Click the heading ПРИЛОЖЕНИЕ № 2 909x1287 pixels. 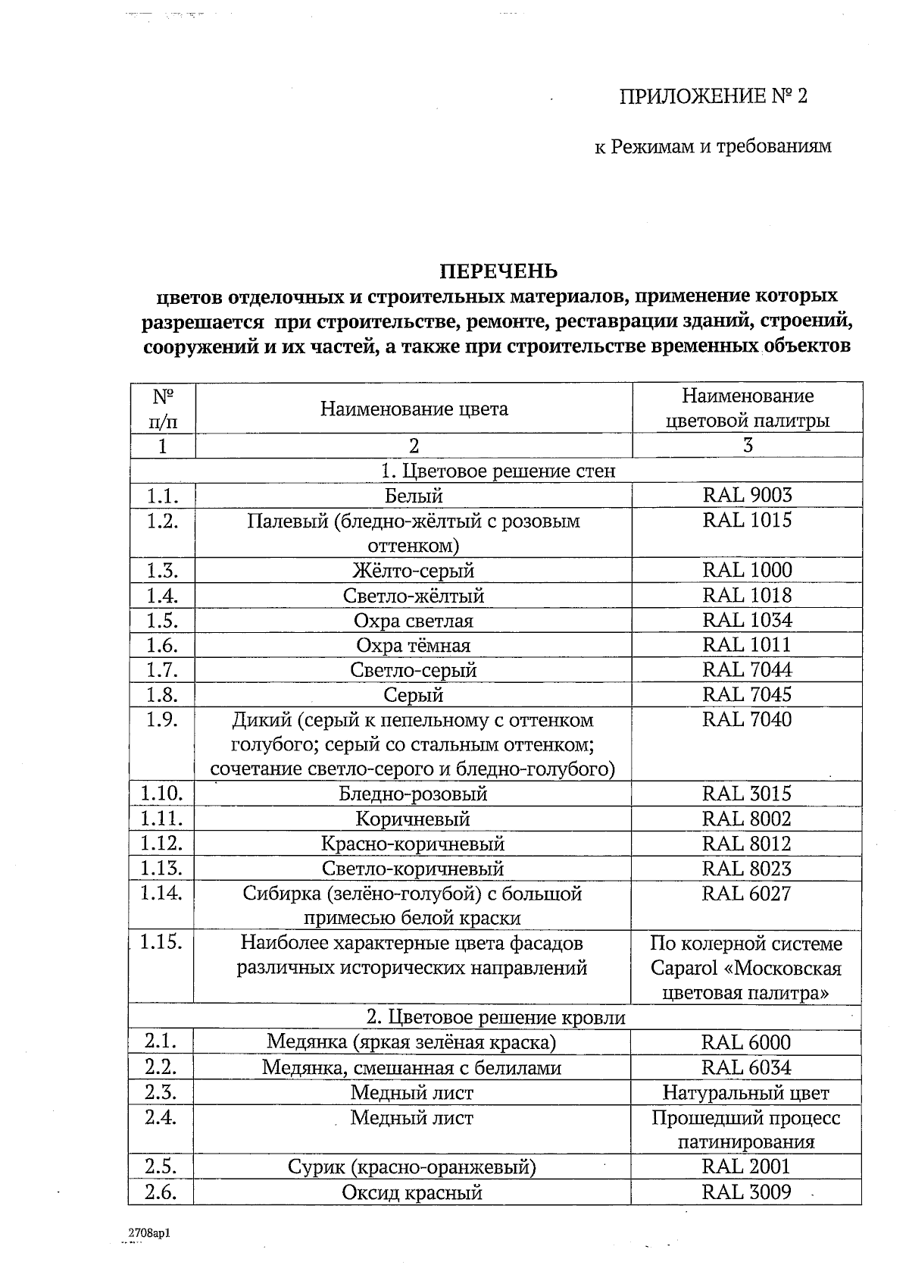[714, 96]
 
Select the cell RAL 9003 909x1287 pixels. [747, 495]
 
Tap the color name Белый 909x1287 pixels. [414, 496]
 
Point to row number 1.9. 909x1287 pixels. [161, 719]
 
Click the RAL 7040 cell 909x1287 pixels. [747, 719]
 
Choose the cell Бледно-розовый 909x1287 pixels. [413, 794]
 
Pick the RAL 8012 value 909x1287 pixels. [747, 844]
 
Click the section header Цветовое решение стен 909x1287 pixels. [498, 471]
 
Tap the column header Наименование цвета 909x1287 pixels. [414, 409]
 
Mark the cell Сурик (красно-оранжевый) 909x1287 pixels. [412, 1166]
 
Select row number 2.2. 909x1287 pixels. [161, 1067]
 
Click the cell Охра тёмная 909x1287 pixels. [414, 645]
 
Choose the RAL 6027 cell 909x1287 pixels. [747, 893]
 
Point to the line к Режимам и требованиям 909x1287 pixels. [712, 146]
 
